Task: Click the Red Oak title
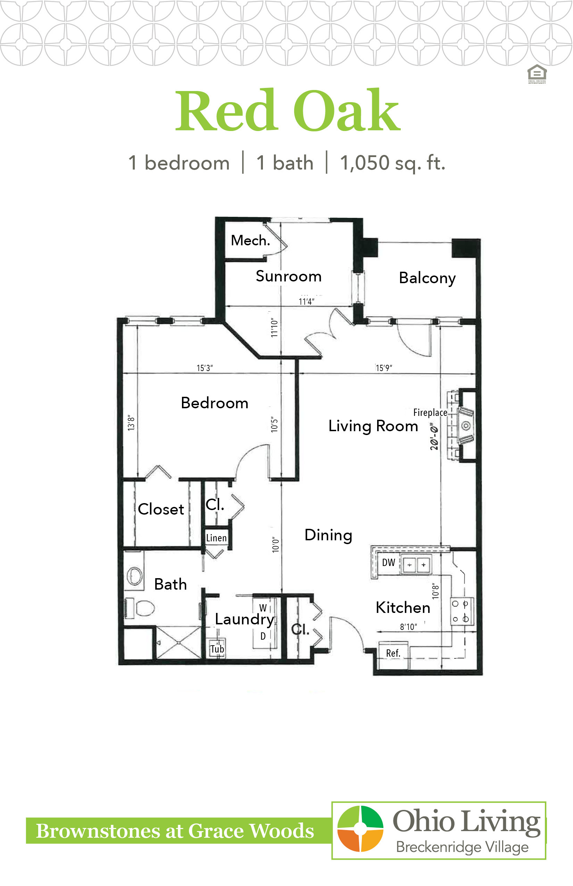point(288,110)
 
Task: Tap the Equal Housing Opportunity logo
point(537,74)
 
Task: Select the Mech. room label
point(250,240)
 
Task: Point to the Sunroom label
point(288,276)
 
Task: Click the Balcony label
point(427,278)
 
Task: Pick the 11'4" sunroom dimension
point(307,301)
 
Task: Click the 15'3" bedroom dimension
point(205,368)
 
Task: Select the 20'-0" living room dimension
point(434,438)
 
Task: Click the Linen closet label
point(216,538)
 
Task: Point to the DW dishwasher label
point(389,563)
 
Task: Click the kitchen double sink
point(416,564)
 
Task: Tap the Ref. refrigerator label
point(393,653)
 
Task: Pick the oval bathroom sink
point(134,576)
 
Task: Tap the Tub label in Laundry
point(217,649)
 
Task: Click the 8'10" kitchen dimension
point(408,626)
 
